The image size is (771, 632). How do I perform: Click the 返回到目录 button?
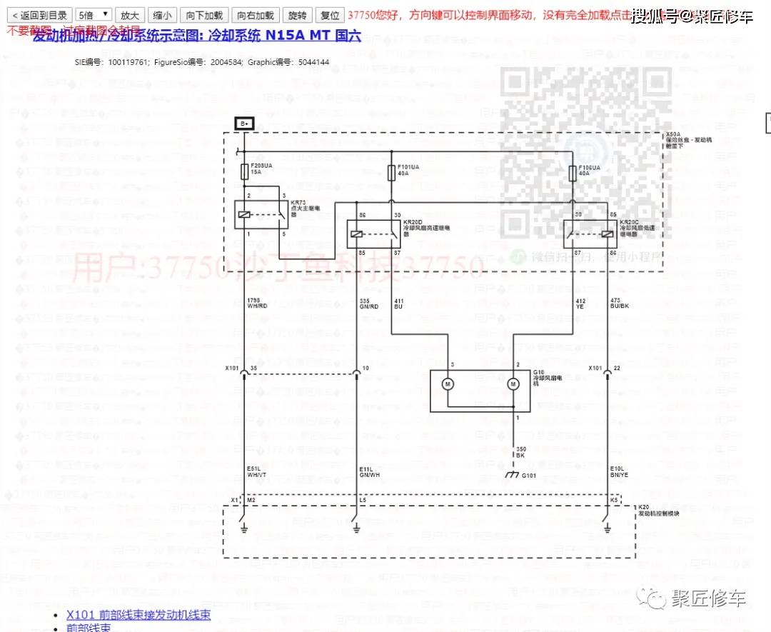39,15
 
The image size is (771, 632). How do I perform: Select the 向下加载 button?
204,15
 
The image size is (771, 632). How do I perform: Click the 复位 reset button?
330,15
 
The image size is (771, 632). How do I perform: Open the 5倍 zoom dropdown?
94,15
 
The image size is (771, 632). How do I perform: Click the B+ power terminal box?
244,124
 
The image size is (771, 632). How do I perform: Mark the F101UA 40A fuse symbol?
390,173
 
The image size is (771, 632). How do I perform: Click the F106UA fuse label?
589,166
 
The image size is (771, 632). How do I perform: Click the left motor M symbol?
448,384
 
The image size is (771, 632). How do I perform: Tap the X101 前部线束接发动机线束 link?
138,614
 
